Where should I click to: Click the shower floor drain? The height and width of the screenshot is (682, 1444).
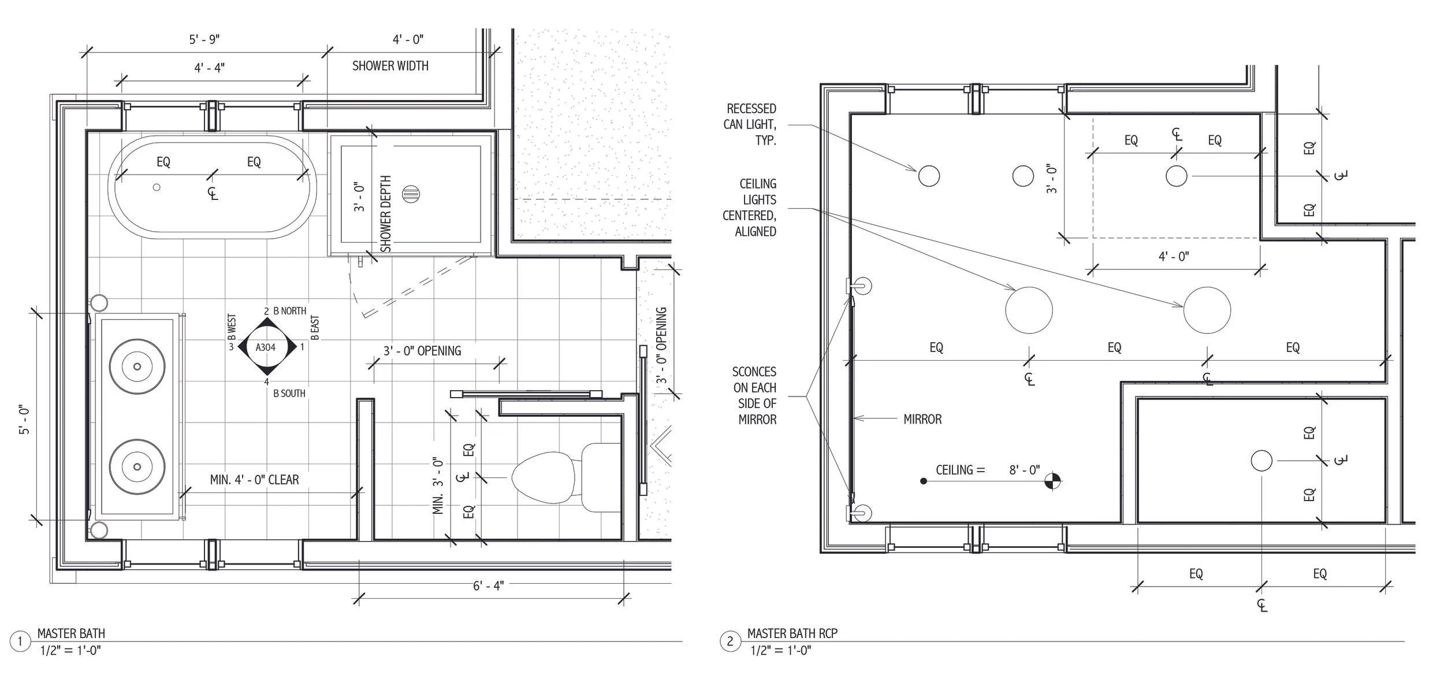[x=412, y=194]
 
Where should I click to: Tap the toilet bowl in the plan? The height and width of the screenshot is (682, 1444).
[x=544, y=477]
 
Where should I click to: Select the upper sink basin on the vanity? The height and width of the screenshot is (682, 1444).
[x=137, y=366]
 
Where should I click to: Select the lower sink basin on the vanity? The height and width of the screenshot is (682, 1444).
[x=137, y=466]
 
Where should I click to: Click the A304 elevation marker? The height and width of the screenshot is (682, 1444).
[x=266, y=347]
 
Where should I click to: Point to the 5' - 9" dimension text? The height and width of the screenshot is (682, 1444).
[x=204, y=39]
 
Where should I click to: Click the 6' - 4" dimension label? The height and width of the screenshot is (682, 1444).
[x=488, y=585]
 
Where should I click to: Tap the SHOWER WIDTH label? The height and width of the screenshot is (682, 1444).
[x=390, y=66]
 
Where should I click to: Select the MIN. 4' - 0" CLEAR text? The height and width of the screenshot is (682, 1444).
[x=254, y=480]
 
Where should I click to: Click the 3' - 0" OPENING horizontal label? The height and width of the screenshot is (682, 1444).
[x=422, y=351]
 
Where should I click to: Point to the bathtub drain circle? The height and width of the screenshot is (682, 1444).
[x=157, y=187]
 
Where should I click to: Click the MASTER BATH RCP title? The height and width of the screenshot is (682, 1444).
[x=792, y=633]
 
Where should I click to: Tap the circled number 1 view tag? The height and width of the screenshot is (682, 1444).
[x=20, y=642]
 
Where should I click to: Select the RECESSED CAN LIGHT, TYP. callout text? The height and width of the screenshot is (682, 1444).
[x=750, y=124]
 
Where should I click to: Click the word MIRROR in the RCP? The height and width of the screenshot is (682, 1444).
[x=922, y=419]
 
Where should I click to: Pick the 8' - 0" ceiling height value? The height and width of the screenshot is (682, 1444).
[x=1024, y=470]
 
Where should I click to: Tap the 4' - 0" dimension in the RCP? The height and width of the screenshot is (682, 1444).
[x=1174, y=256]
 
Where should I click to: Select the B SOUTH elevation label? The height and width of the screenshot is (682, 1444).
[x=289, y=394]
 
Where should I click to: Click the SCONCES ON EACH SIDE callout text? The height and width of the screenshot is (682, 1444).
[x=754, y=395]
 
